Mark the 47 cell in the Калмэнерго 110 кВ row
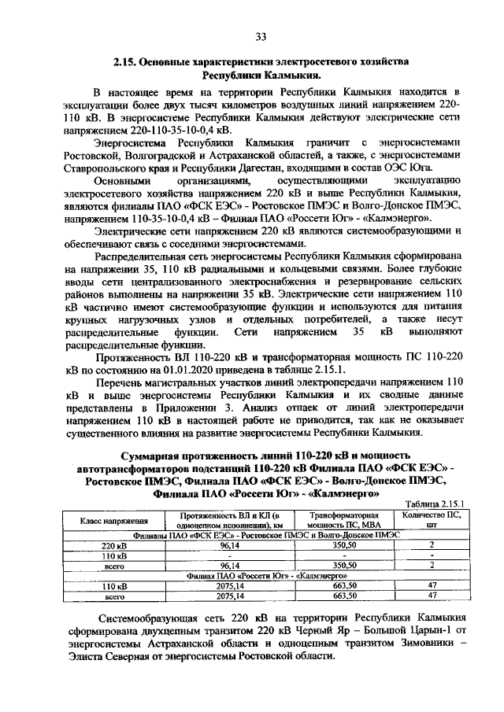pyautogui.click(x=430, y=585)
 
